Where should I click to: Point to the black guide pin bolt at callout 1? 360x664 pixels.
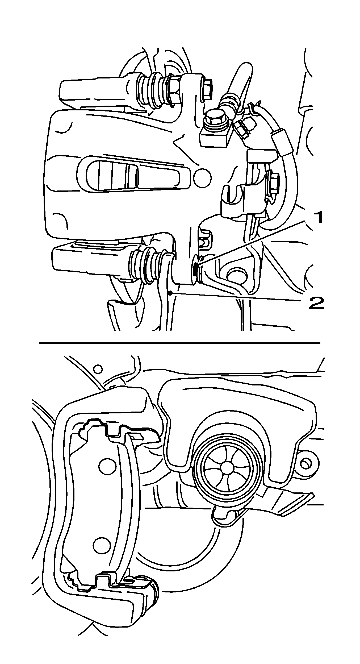[x=195, y=269]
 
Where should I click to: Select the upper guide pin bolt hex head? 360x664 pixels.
[x=207, y=90]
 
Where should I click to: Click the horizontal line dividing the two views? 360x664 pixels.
[x=180, y=343]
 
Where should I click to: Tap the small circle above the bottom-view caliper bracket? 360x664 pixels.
[x=98, y=369]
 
